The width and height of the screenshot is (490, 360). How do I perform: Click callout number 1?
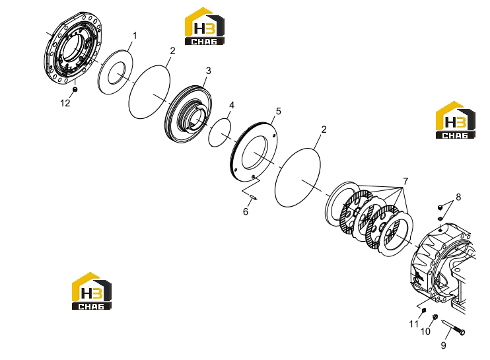pyautogui.click(x=135, y=36)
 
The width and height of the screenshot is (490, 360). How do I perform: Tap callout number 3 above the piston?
pyautogui.click(x=209, y=71)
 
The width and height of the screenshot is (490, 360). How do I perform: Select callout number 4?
pyautogui.click(x=232, y=105)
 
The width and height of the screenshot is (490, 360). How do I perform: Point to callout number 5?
pyautogui.click(x=278, y=111)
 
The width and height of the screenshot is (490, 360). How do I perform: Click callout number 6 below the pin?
pyautogui.click(x=246, y=211)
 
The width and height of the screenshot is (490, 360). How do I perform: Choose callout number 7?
pyautogui.click(x=405, y=181)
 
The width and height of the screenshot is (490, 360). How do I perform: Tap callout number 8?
pyautogui.click(x=458, y=198)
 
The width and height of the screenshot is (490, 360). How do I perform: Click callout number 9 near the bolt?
pyautogui.click(x=443, y=345)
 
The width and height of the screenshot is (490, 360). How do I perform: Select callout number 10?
pyautogui.click(x=425, y=332)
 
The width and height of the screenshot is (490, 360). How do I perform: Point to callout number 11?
pyautogui.click(x=414, y=324)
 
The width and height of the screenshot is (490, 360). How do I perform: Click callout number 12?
pyautogui.click(x=65, y=103)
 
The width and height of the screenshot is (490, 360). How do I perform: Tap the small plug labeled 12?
pyautogui.click(x=75, y=90)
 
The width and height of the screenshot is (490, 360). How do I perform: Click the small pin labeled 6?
pyautogui.click(x=253, y=197)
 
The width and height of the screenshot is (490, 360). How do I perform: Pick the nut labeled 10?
pyautogui.click(x=435, y=317)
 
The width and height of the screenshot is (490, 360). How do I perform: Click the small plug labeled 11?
pyautogui.click(x=424, y=310)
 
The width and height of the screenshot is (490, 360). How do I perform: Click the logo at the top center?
pyautogui.click(x=204, y=26)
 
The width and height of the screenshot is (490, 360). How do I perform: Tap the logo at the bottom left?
pyautogui.click(x=92, y=291)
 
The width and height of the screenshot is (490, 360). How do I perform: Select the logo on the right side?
pyautogui.click(x=455, y=120)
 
